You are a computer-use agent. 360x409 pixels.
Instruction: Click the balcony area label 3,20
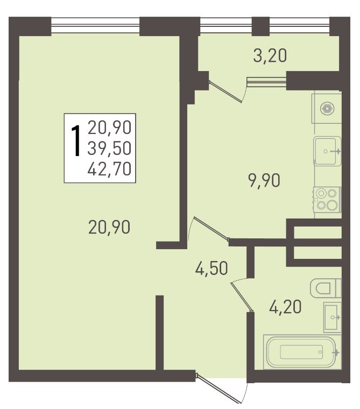tap(270, 55)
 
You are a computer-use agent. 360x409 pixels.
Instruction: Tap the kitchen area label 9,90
tap(265, 180)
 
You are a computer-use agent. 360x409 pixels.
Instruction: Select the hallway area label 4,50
tap(211, 268)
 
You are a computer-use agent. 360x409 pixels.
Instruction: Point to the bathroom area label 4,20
tap(285, 307)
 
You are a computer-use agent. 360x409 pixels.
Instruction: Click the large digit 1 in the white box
tap(76, 140)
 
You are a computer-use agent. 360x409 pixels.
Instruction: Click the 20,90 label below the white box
tap(109, 227)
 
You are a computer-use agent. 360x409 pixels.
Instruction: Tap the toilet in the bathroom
tap(326, 288)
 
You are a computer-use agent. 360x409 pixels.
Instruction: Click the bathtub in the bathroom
tap(302, 352)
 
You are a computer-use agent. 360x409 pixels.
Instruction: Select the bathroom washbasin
tap(332, 318)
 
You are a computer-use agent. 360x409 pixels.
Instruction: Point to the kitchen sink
tap(327, 151)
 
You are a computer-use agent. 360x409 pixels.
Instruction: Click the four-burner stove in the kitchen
tap(327, 199)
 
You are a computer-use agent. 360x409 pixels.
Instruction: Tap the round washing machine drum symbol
tap(327, 109)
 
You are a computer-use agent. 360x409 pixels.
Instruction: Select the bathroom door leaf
tap(242, 297)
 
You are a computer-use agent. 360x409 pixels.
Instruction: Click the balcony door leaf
tap(226, 91)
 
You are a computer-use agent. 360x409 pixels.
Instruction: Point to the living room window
tap(95, 26)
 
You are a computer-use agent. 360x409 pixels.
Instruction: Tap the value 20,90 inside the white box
tap(109, 128)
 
